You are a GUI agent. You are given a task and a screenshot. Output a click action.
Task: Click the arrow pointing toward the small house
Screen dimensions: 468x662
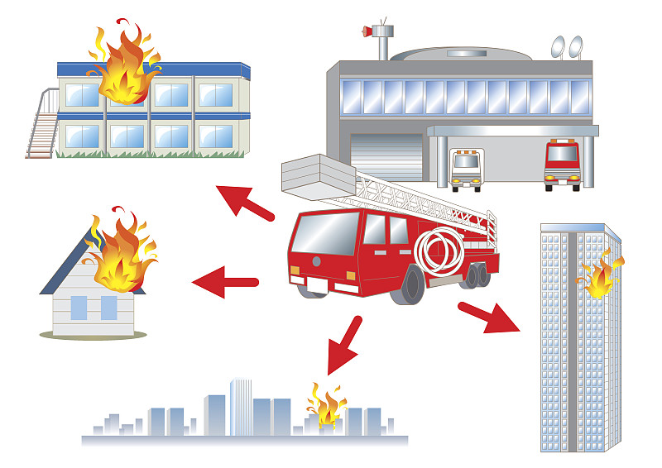click(x=225, y=282)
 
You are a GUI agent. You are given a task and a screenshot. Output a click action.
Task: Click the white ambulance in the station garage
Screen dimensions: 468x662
click(x=466, y=168)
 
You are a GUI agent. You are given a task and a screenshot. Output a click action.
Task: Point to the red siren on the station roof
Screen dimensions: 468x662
click(x=367, y=32)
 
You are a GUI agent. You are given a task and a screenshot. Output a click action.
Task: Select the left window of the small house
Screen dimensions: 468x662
click(x=79, y=308)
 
